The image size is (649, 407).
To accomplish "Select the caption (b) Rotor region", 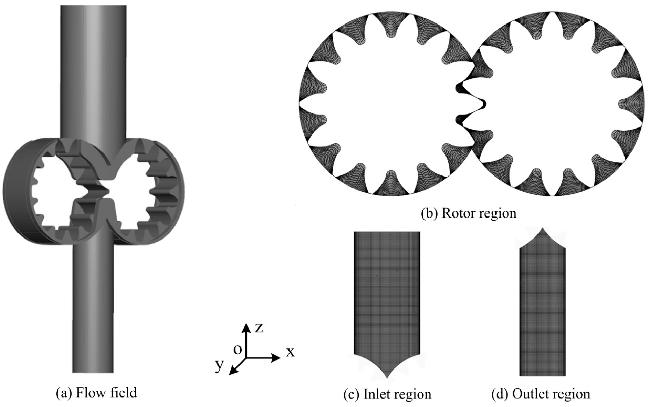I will tap(468, 213).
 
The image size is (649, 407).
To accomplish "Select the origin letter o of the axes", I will tap(238, 349).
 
